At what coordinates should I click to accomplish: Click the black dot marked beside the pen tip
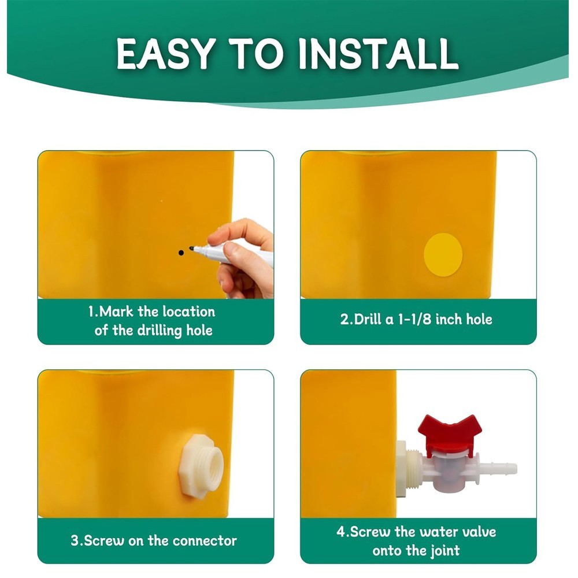180,253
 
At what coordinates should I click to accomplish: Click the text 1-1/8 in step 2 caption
411,319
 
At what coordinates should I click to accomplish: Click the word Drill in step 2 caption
366,319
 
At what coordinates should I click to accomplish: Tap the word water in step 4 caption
435,532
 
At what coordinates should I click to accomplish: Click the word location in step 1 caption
189,312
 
